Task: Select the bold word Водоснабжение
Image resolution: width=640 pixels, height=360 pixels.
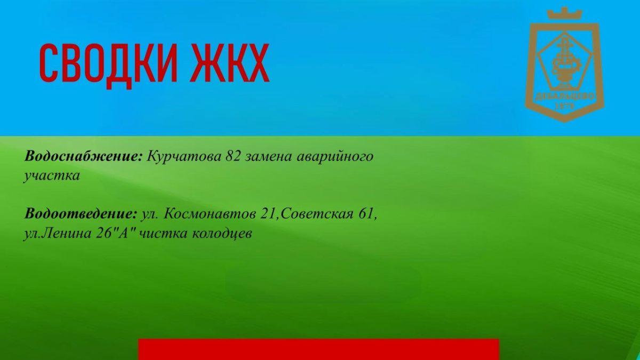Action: pyautogui.click(x=83, y=157)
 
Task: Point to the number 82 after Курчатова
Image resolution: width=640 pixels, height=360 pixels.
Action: pyautogui.click(x=233, y=156)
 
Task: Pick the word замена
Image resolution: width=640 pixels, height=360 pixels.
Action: pyautogui.click(x=269, y=157)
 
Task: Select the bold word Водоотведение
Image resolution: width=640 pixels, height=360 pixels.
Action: pyautogui.click(x=81, y=214)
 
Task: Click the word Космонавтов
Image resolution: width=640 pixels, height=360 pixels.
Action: pyautogui.click(x=210, y=214)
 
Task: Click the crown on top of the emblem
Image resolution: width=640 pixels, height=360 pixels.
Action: pyautogui.click(x=564, y=13)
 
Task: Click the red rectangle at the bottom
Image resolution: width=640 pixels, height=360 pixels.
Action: pyautogui.click(x=318, y=349)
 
